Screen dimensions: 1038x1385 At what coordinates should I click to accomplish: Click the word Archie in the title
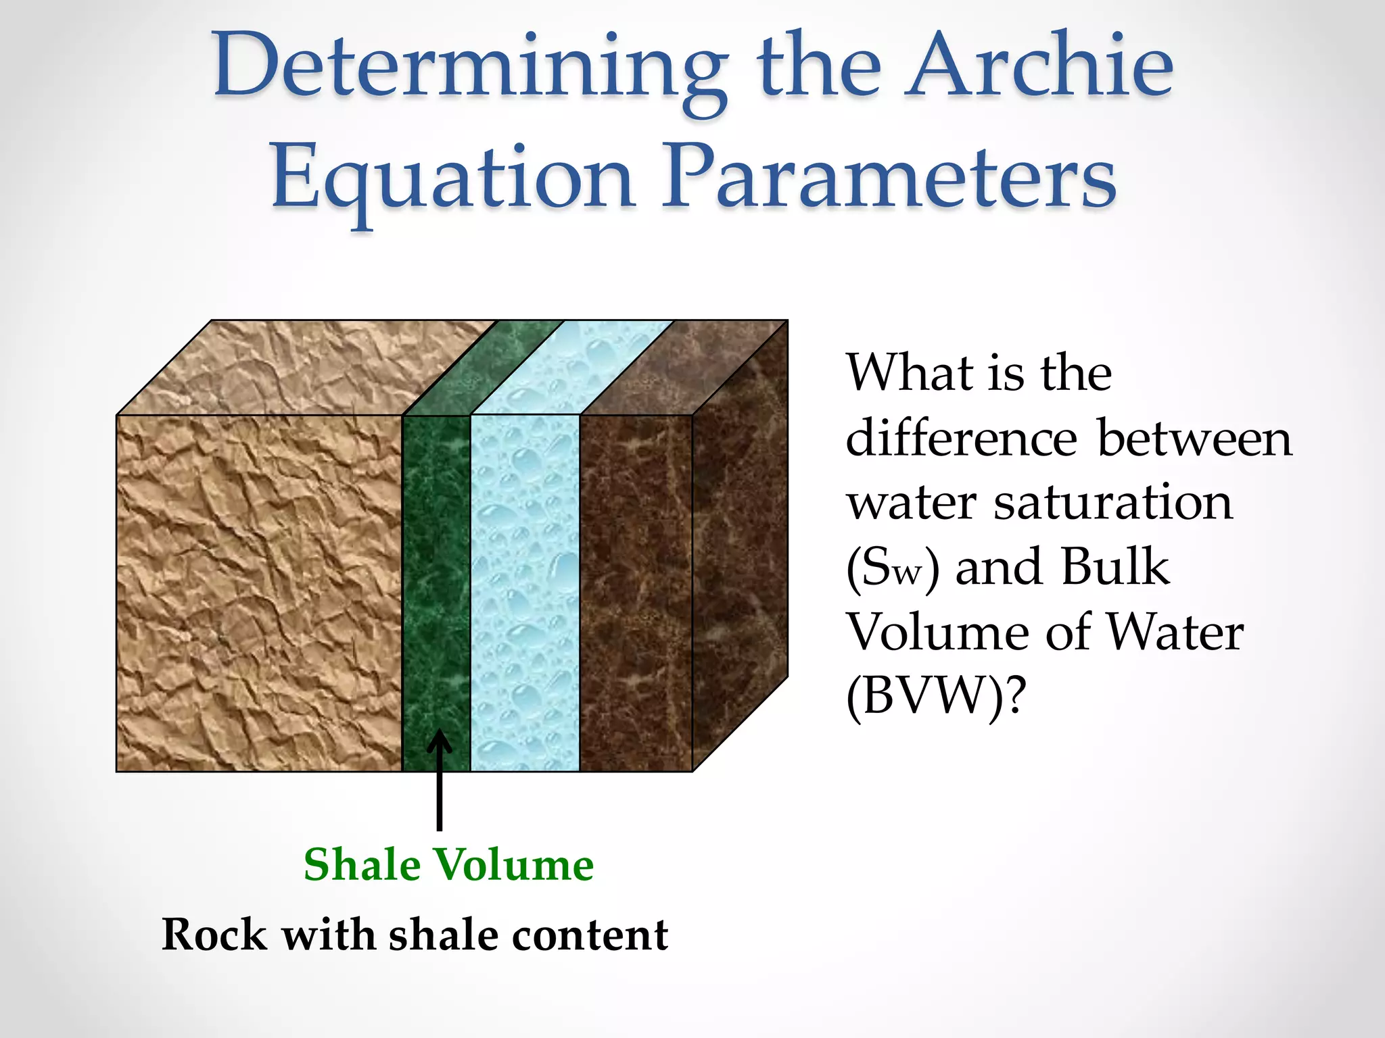[x=1039, y=68]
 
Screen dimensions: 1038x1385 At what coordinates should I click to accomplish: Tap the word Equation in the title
[x=452, y=179]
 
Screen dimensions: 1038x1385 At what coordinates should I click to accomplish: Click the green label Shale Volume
[x=448, y=865]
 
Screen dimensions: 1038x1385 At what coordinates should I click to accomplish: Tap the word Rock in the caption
[x=214, y=935]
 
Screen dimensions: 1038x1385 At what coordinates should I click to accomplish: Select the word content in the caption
[x=590, y=935]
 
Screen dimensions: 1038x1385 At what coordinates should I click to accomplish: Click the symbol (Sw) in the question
[x=892, y=568]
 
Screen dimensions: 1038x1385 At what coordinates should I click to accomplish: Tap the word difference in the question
[x=961, y=438]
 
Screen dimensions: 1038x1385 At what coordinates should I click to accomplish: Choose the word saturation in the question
[x=1112, y=503]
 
